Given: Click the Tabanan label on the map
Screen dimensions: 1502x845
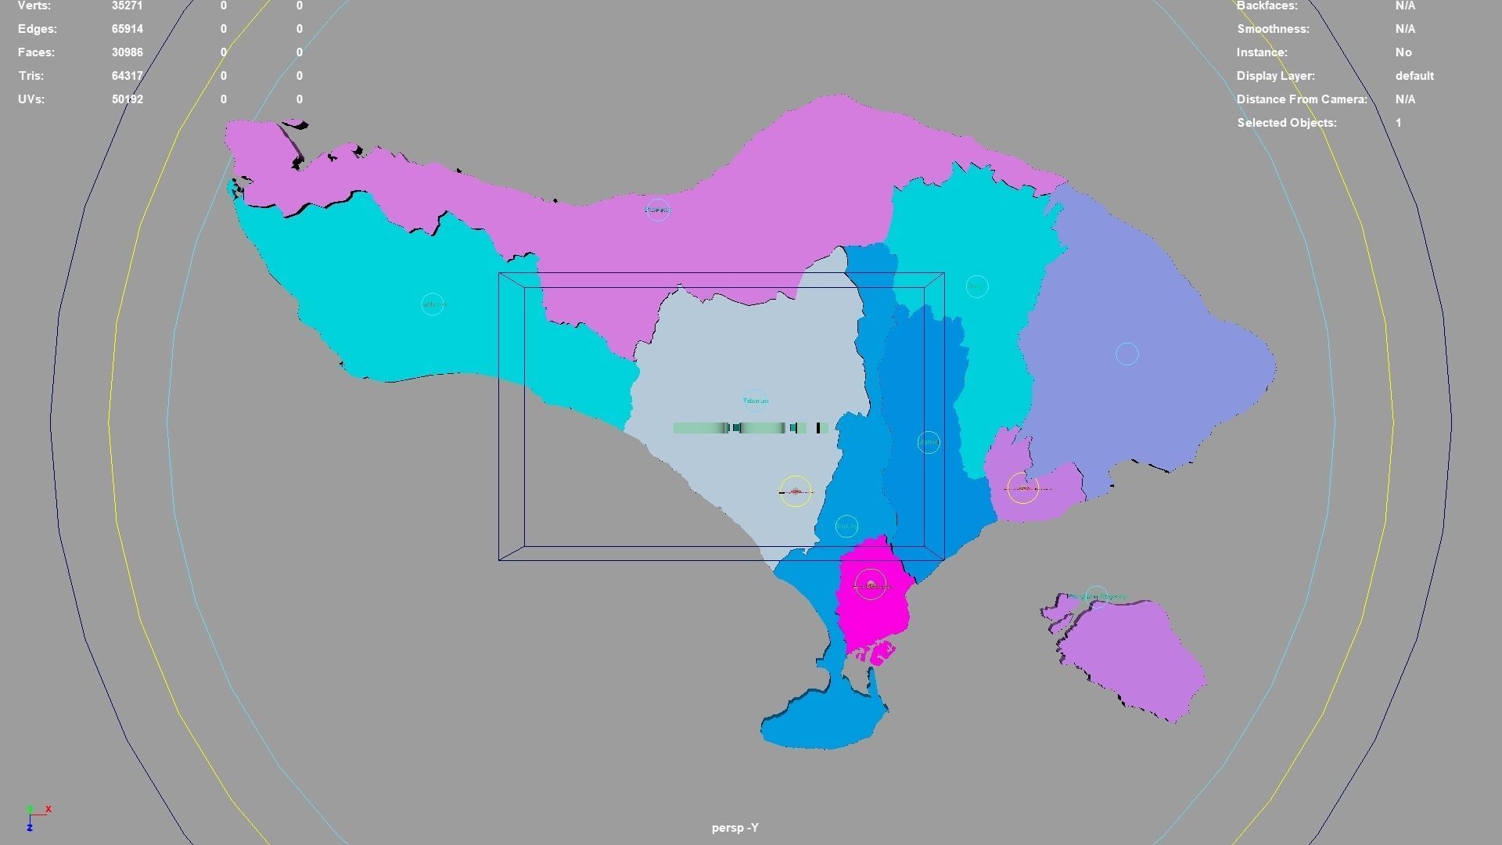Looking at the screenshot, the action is (755, 401).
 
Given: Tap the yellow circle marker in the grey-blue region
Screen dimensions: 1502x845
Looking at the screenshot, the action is (796, 491).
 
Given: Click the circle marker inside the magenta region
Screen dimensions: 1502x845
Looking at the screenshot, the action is (870, 584).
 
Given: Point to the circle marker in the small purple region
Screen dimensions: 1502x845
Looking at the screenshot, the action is (1022, 487).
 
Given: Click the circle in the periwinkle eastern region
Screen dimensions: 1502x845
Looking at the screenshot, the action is (1126, 354).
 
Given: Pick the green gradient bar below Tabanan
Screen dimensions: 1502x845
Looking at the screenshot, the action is (750, 427).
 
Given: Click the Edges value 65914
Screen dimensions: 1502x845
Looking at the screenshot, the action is (127, 29).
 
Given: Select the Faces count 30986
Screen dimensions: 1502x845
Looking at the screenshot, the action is (127, 52).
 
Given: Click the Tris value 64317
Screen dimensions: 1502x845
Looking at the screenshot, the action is (127, 76).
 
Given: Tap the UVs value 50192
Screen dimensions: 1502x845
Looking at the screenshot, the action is (127, 99).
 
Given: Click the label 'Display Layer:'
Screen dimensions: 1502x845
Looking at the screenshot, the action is (1275, 76).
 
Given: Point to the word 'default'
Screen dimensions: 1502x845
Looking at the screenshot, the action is (1414, 76).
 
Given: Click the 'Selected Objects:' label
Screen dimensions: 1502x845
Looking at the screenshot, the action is (1286, 123).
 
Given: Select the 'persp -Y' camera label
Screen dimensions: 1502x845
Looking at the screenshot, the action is (735, 827).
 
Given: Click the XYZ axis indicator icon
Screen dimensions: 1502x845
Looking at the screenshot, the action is (35, 816).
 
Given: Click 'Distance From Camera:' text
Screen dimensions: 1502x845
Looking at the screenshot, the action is (1301, 99).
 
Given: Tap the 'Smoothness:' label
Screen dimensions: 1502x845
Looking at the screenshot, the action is (1272, 29).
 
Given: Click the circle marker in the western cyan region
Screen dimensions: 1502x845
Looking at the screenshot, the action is (433, 304).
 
